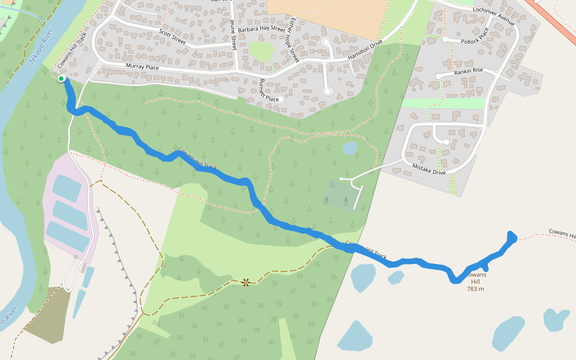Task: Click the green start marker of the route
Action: tap(61, 79)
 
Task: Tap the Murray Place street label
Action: tap(142, 67)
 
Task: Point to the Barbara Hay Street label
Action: tap(261, 29)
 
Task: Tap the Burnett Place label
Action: tap(269, 90)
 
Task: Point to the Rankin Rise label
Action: tap(469, 71)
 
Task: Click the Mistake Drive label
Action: tap(429, 169)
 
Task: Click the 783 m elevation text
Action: tap(475, 289)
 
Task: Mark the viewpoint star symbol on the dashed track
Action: tap(245, 281)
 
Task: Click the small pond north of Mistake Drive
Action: tap(350, 148)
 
